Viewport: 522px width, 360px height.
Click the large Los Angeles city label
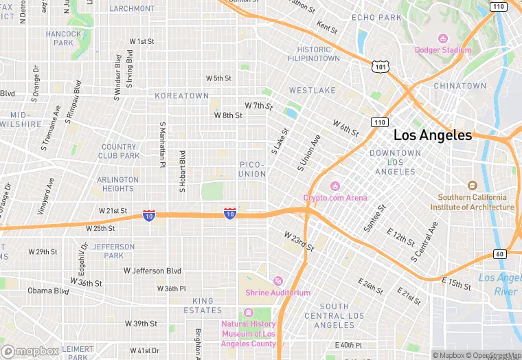(x=433, y=135)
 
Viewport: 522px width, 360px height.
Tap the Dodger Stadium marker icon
(x=443, y=38)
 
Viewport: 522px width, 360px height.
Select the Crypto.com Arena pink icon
(x=335, y=185)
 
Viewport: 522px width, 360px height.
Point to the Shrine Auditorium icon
(x=277, y=280)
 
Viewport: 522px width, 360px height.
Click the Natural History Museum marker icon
(x=248, y=313)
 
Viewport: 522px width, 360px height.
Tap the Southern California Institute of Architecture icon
(x=472, y=185)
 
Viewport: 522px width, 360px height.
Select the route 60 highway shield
(x=499, y=254)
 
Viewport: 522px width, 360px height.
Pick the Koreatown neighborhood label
(x=181, y=95)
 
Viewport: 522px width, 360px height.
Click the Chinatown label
(x=459, y=86)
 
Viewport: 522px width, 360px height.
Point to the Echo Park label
(x=376, y=17)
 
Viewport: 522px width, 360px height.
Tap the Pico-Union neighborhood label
(x=252, y=169)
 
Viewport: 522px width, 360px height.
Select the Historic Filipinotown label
(x=318, y=54)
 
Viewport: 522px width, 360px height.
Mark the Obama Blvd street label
(x=49, y=291)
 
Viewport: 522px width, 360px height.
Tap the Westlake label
(x=312, y=90)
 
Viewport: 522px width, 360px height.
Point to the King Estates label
(x=203, y=306)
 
